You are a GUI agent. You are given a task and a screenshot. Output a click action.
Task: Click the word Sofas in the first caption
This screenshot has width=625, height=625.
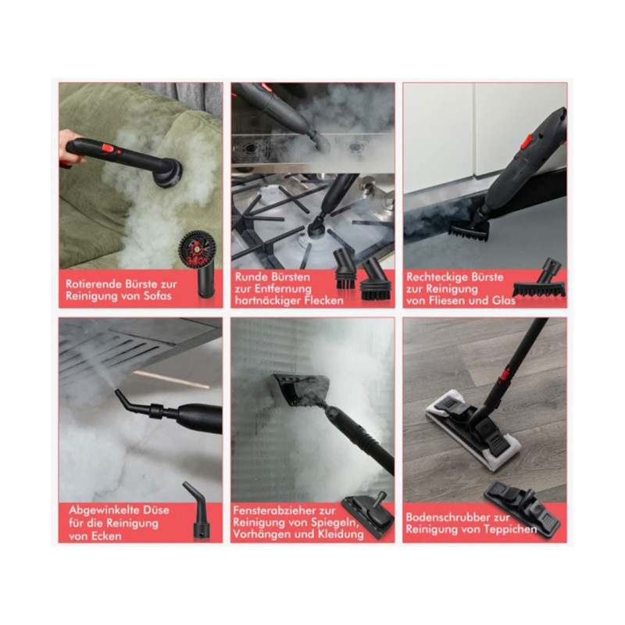(158, 296)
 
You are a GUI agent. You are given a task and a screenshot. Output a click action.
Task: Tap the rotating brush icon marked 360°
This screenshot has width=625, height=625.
(198, 263)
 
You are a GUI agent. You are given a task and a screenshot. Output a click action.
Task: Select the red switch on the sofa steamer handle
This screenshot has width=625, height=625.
(108, 148)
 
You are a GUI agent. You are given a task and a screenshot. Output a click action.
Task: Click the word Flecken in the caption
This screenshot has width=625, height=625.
(323, 300)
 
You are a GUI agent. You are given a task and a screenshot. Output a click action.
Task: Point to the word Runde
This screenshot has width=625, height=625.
(250, 277)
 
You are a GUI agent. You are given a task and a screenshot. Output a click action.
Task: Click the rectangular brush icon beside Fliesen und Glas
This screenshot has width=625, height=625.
(539, 279)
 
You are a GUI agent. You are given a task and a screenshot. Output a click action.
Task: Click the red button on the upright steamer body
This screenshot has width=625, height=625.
(527, 141)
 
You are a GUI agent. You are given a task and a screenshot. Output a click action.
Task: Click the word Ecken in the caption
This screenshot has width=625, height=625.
(107, 536)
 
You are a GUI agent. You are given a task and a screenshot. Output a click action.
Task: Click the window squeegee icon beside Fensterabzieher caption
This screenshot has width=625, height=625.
(367, 514)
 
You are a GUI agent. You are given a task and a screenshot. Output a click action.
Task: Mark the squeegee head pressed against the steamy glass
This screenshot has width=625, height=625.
(302, 388)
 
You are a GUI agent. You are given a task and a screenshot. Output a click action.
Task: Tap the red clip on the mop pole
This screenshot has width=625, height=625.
(505, 374)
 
